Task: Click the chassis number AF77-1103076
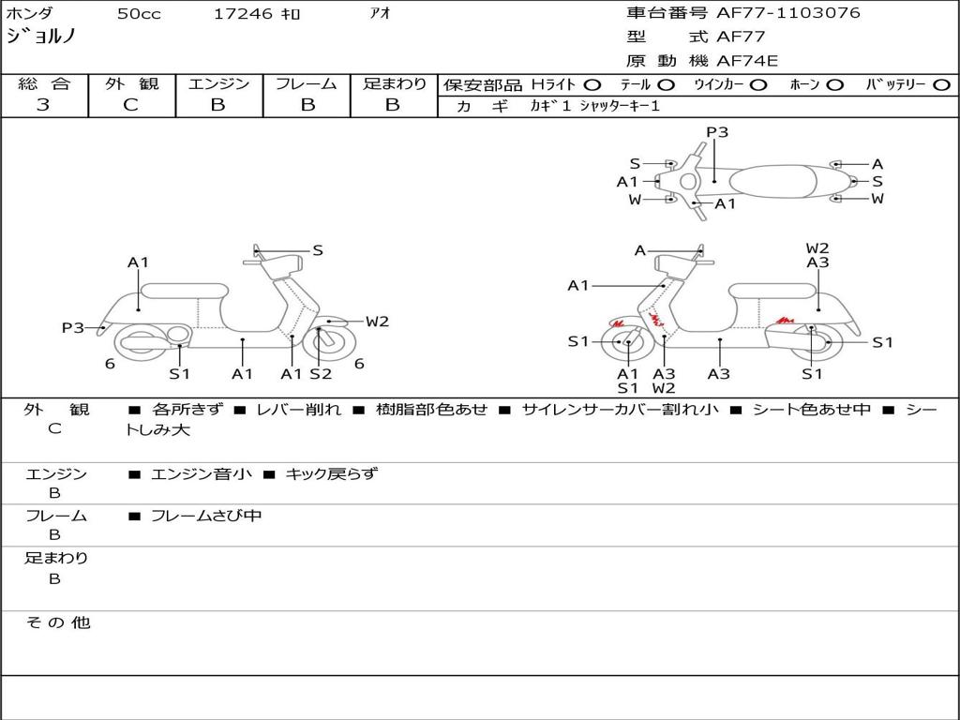coord(787,12)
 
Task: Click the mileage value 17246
coord(243,13)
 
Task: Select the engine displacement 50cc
coord(139,13)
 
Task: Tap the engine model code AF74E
coord(747,61)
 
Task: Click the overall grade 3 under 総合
coord(43,105)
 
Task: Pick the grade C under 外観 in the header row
coord(131,105)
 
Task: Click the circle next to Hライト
coord(592,85)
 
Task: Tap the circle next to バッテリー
coord(941,85)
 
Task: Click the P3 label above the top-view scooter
coord(717,131)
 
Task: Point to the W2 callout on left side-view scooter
coord(377,321)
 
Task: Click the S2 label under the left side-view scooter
coord(321,373)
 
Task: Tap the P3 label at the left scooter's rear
coord(73,327)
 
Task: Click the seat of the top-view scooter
coord(772,181)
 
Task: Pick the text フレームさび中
coord(206,517)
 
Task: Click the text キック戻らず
coord(332,473)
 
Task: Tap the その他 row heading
coord(57,622)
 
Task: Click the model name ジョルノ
coord(40,37)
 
